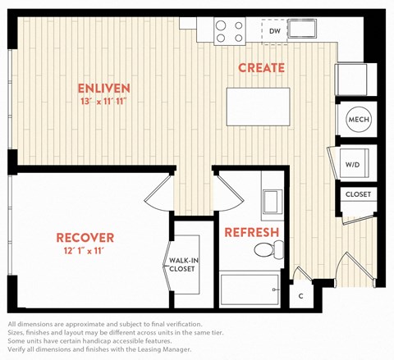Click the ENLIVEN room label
pyautogui.click(x=104, y=89)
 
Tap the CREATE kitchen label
pyautogui.click(x=261, y=68)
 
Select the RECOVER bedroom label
pyautogui.click(x=85, y=238)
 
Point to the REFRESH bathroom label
pyautogui.click(x=252, y=232)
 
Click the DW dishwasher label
pyautogui.click(x=275, y=31)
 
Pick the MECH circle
pyautogui.click(x=359, y=120)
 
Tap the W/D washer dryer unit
pyautogui.click(x=354, y=163)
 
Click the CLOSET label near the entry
pyautogui.click(x=358, y=194)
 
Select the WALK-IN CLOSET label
pyautogui.click(x=183, y=265)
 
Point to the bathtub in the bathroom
pyautogui.click(x=250, y=289)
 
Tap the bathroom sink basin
pyautogui.click(x=273, y=202)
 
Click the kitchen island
pyautogui.click(x=258, y=107)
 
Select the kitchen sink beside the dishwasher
pyautogui.click(x=302, y=29)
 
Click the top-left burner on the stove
pyautogui.click(x=221, y=25)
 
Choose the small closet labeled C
pyautogui.click(x=301, y=296)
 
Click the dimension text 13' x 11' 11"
pyautogui.click(x=103, y=102)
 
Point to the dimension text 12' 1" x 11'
pyautogui.click(x=85, y=251)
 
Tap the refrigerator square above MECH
pyautogui.click(x=351, y=80)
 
